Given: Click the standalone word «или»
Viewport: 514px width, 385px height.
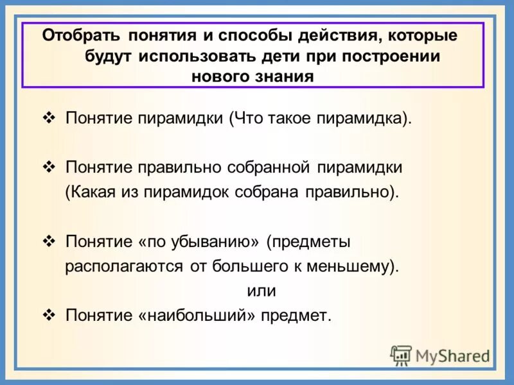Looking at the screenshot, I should tap(261, 291).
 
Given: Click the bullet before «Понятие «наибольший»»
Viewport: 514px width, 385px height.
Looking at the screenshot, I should tap(51, 314).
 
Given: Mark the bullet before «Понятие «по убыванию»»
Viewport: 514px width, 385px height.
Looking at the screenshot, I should tap(51, 241).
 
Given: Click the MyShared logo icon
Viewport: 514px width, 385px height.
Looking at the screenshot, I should tap(401, 355).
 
